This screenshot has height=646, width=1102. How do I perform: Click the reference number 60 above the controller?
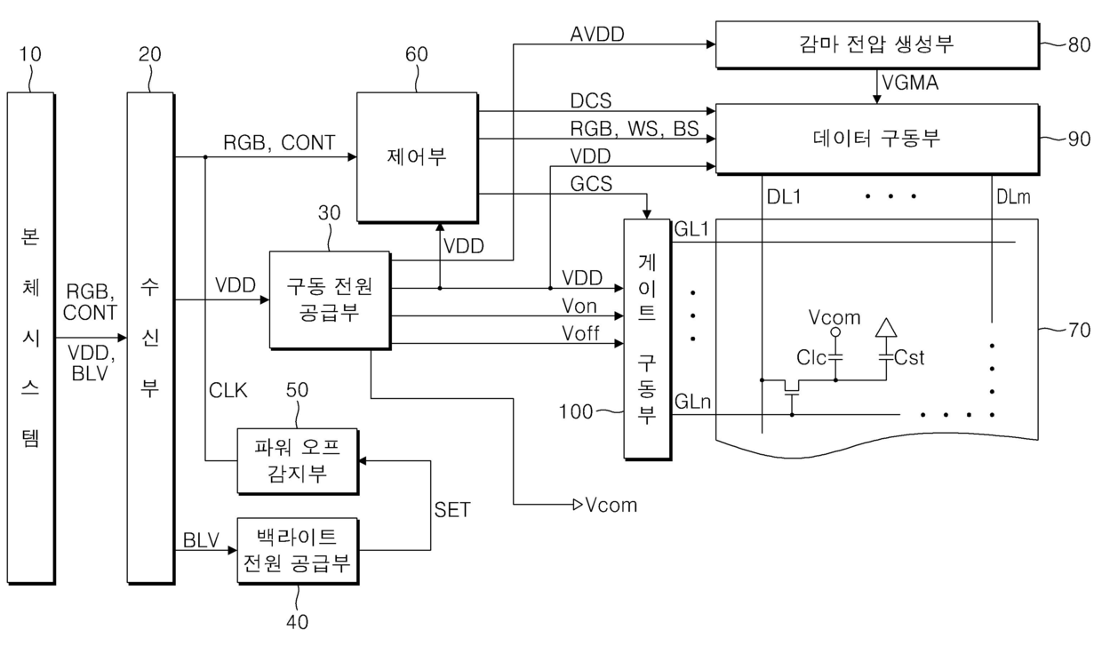click(416, 54)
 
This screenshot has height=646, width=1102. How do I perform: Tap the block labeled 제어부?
click(417, 157)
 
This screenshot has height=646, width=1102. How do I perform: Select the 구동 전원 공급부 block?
click(330, 300)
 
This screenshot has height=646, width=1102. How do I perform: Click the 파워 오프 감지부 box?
click(298, 461)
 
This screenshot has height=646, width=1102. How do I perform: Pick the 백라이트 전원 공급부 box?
click(298, 551)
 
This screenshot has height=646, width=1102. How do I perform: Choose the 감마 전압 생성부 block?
click(877, 44)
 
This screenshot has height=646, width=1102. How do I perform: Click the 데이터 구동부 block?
click(877, 139)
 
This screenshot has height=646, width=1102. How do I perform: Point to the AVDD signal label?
click(597, 35)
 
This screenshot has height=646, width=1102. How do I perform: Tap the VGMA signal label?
click(910, 83)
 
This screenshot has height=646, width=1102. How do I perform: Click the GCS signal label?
click(591, 184)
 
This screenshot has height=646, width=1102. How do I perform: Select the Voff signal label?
click(580, 333)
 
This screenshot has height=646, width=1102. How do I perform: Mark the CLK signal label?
click(228, 391)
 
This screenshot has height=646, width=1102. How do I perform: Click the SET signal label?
click(452, 510)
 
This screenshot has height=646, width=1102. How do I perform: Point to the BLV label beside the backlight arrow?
click(201, 540)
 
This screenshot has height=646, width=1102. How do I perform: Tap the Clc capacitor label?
click(811, 358)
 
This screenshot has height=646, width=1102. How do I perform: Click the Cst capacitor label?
click(909, 358)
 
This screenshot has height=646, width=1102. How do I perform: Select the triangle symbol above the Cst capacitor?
click(886, 328)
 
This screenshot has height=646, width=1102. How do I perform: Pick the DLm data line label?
click(1013, 197)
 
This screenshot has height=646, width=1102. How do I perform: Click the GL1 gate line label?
click(691, 229)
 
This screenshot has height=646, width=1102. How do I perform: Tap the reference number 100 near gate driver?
click(576, 411)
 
